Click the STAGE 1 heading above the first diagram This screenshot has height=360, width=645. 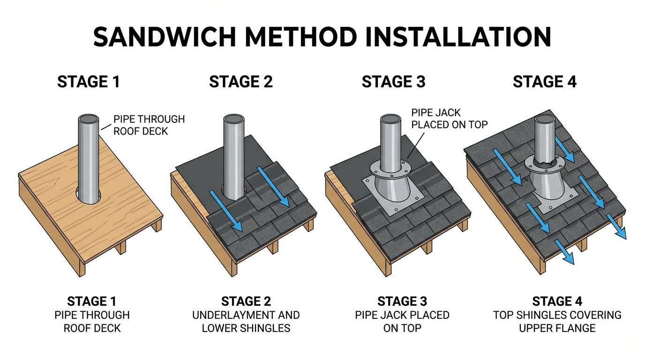click(88, 82)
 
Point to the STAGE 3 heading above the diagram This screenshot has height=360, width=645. click(393, 82)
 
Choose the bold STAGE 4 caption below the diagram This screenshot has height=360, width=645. click(557, 301)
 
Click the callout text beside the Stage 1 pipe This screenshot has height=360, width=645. click(149, 125)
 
